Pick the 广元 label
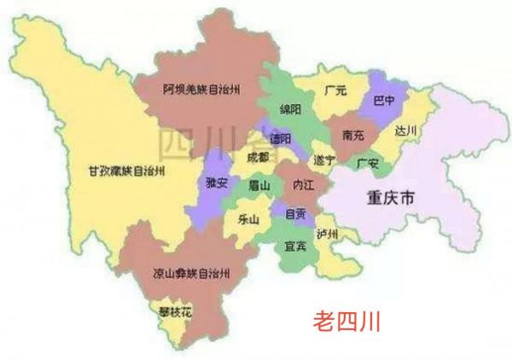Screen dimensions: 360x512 coord(335,89)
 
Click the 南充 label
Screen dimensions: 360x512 coord(353,135)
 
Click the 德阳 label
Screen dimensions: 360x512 coord(281,138)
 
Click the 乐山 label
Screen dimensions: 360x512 coord(248,218)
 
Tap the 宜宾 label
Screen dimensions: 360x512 coord(295,247)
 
